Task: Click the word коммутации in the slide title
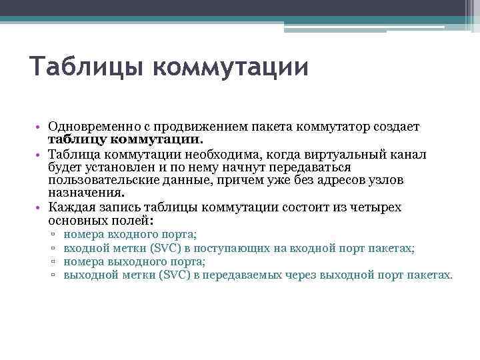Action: pos(231,68)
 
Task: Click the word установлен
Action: pos(109,167)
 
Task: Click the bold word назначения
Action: pos(85,194)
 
